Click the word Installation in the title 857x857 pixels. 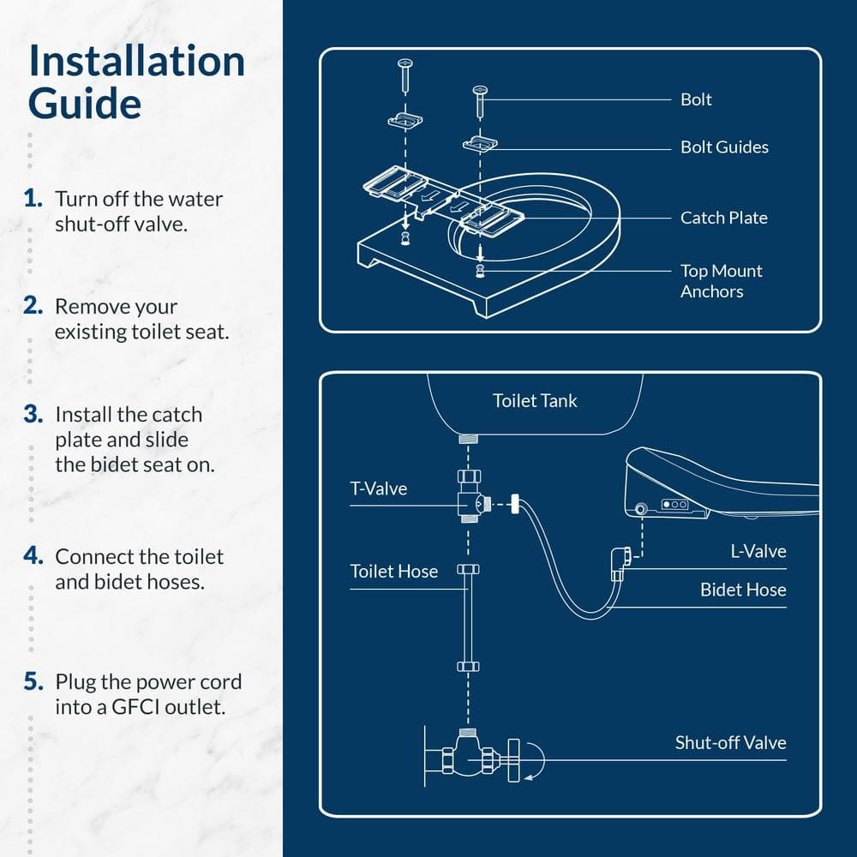(x=136, y=62)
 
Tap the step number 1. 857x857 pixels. (x=33, y=199)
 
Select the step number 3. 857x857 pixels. (x=33, y=415)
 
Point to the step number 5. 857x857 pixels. (x=33, y=682)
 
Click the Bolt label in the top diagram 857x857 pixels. (x=696, y=99)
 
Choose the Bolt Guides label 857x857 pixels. (x=724, y=147)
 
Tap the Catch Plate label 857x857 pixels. (x=723, y=218)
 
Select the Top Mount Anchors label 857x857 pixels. (x=721, y=281)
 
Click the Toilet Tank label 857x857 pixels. (x=535, y=400)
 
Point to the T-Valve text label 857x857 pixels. (x=378, y=488)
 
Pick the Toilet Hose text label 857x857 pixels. (x=393, y=571)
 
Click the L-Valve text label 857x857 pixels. (x=758, y=551)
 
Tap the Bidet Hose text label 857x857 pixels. (x=742, y=590)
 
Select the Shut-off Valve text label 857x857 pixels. (x=730, y=743)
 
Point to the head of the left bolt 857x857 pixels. (x=405, y=63)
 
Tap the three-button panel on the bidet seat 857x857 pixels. (x=674, y=505)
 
